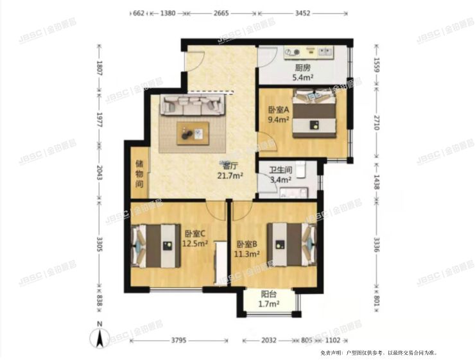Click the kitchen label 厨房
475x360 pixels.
(x=303, y=67)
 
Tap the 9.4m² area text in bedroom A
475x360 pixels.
(x=279, y=119)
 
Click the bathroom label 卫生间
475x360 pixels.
(x=281, y=170)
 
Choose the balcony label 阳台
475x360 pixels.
(x=270, y=295)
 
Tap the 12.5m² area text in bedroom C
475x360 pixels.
(x=195, y=243)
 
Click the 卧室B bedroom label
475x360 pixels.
(x=247, y=244)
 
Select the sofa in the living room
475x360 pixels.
(x=192, y=105)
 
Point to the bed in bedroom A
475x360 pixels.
(x=316, y=116)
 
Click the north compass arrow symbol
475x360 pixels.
(x=100, y=336)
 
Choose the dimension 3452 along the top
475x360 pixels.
(x=301, y=12)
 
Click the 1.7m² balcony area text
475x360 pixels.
(x=270, y=305)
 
